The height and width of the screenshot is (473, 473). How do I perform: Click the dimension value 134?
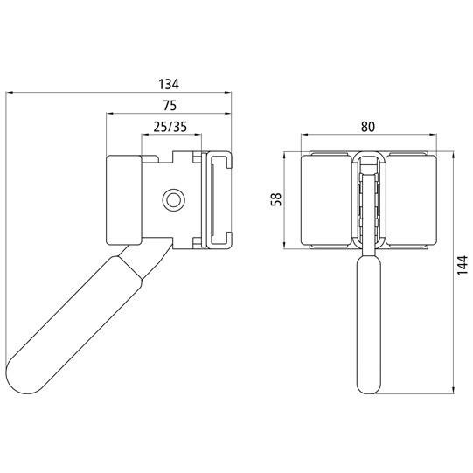tap(169, 84)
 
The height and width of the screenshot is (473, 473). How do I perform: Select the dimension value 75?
tap(170, 105)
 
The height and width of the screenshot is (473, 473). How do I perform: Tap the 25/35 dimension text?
tap(170, 127)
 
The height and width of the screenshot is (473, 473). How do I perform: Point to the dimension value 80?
tap(368, 127)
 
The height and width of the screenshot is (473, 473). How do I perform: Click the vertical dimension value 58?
tap(276, 199)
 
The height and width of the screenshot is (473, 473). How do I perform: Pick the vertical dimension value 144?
tap(462, 266)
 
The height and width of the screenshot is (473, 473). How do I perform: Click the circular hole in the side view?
tap(173, 200)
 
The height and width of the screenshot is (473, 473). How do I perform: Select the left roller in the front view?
tap(326, 199)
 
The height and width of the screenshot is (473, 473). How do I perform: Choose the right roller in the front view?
tap(412, 199)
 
